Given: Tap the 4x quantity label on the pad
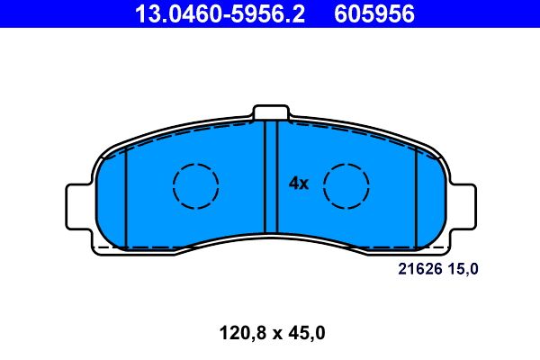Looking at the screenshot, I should coord(298,184).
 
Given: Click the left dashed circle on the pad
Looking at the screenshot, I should coord(195,187).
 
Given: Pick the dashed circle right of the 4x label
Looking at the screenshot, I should coord(346,187).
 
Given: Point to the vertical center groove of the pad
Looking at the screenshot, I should coord(270,180).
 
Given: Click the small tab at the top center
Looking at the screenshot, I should coord(270,112).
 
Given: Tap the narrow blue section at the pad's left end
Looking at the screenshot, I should coord(112,202).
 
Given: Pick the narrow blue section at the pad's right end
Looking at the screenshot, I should coord(430,202).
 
